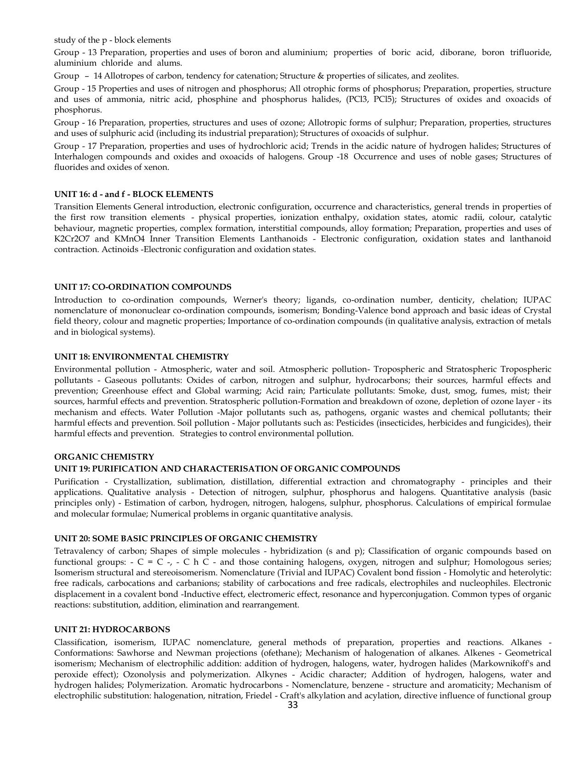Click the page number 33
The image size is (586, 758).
[x=292, y=705]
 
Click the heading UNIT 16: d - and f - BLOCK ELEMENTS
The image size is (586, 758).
[x=133, y=194]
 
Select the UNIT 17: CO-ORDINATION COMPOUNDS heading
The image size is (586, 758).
[x=142, y=287]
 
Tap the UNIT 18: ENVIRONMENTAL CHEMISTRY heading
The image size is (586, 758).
[x=141, y=357]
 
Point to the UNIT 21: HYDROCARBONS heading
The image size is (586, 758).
[x=112, y=629]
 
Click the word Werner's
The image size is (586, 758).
[x=252, y=300]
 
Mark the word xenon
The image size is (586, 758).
[x=158, y=167]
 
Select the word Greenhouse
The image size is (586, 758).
[x=124, y=391]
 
